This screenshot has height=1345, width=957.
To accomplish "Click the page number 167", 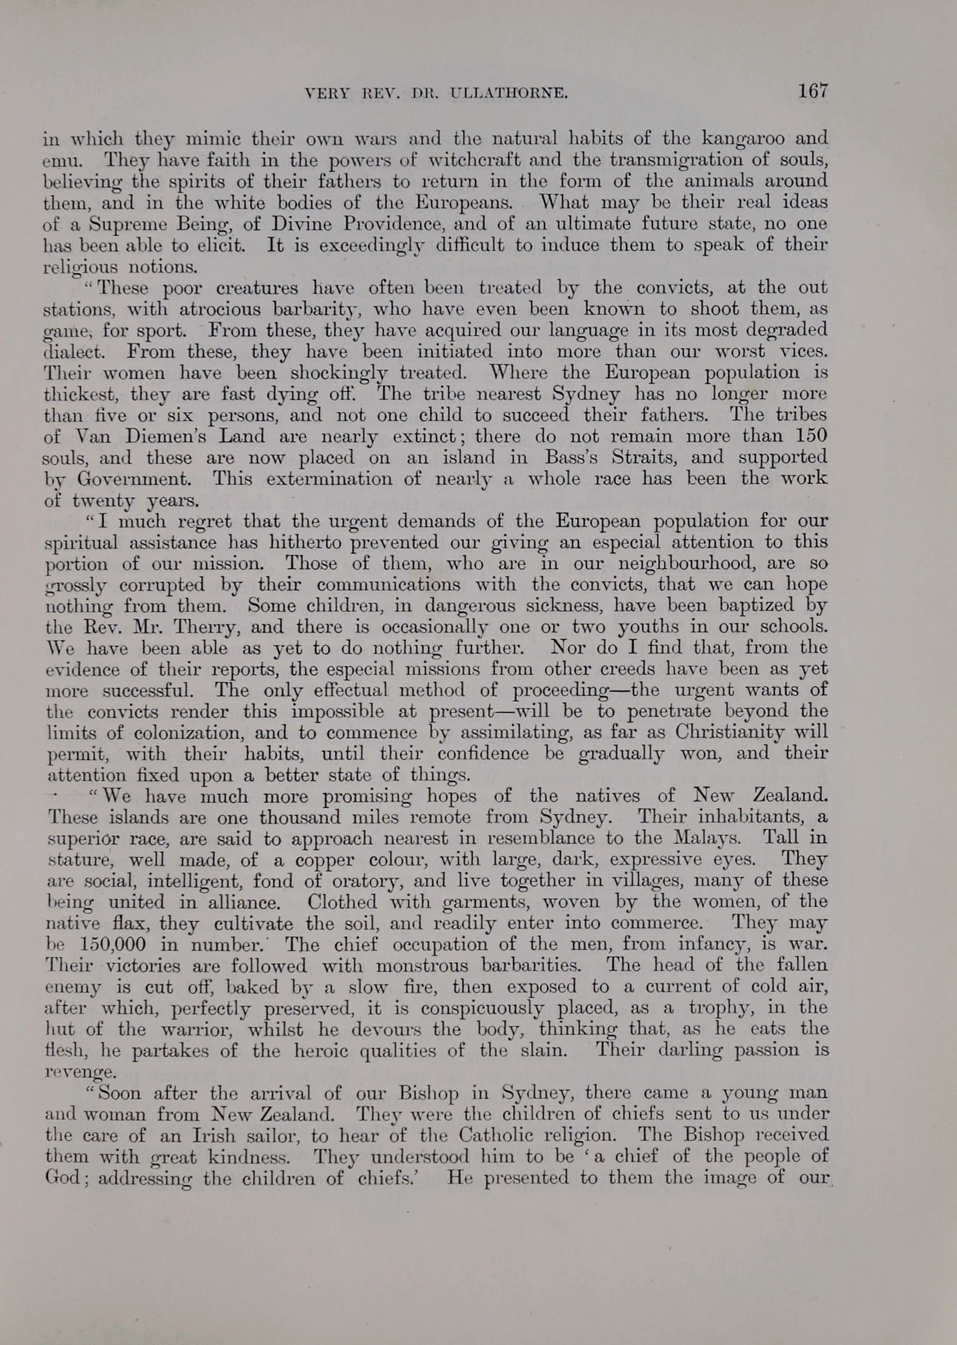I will click(x=812, y=91).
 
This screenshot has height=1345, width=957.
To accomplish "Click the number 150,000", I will click(x=112, y=944).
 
